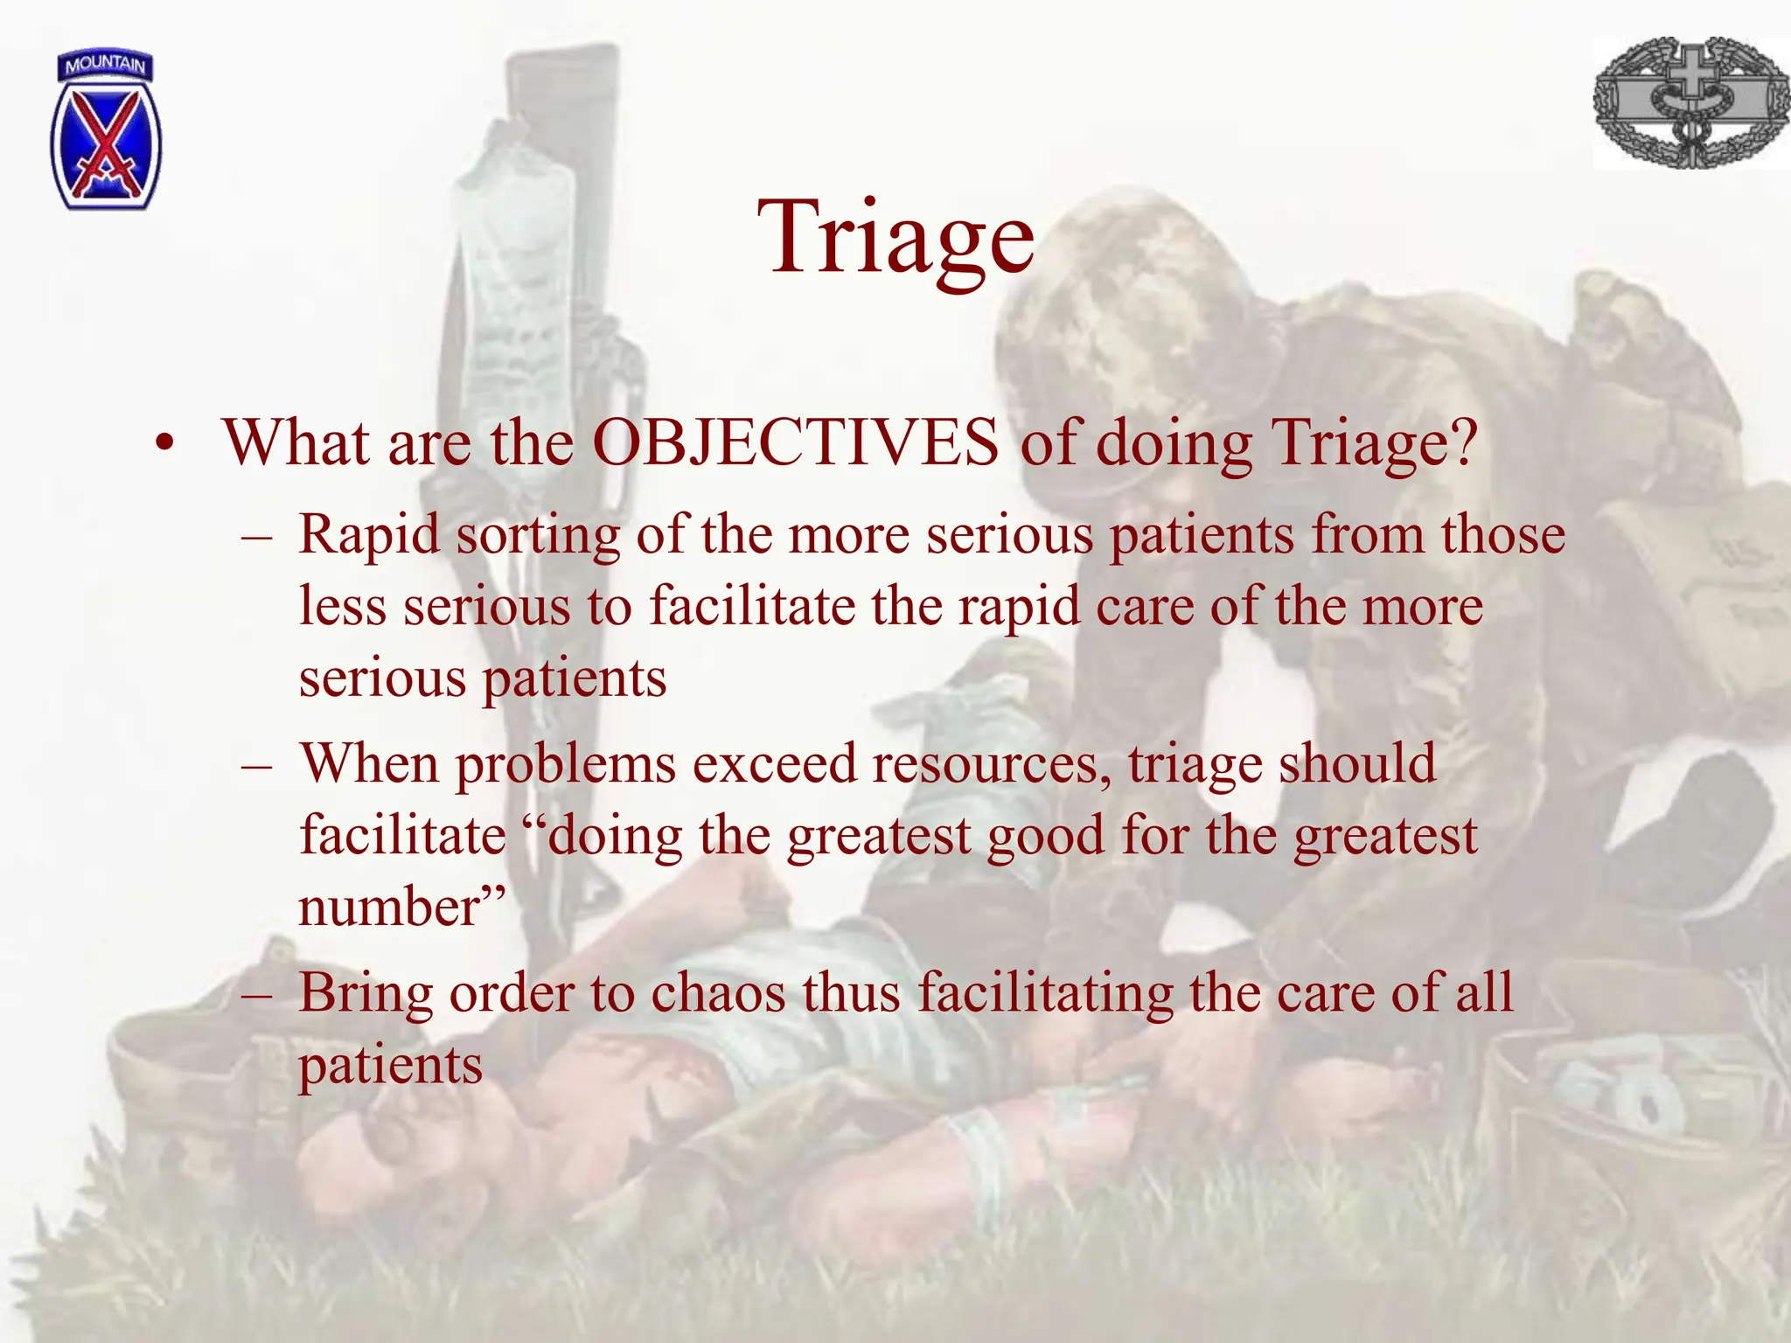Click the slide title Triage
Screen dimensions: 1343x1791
click(x=895, y=238)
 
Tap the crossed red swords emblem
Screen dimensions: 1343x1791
click(x=106, y=144)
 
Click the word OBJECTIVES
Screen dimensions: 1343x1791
click(x=795, y=442)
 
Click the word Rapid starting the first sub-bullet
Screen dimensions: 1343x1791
click(x=369, y=534)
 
